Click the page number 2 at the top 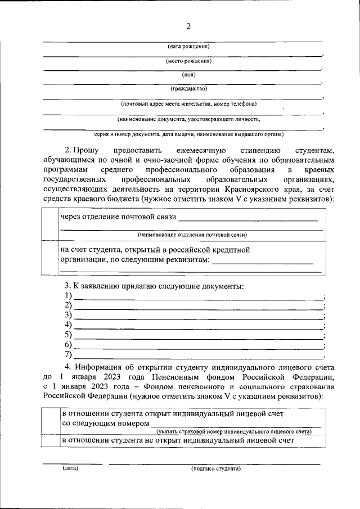coord(188,27)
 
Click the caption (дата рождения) coord(188,46)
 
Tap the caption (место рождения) coord(188,61)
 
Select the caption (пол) coord(188,75)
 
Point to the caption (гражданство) coord(188,89)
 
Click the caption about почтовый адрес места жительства coord(188,104)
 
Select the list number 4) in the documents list coord(69,325)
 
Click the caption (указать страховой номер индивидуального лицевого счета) coord(234,431)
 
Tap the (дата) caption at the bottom coord(70,468)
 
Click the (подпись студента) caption coord(215,468)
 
